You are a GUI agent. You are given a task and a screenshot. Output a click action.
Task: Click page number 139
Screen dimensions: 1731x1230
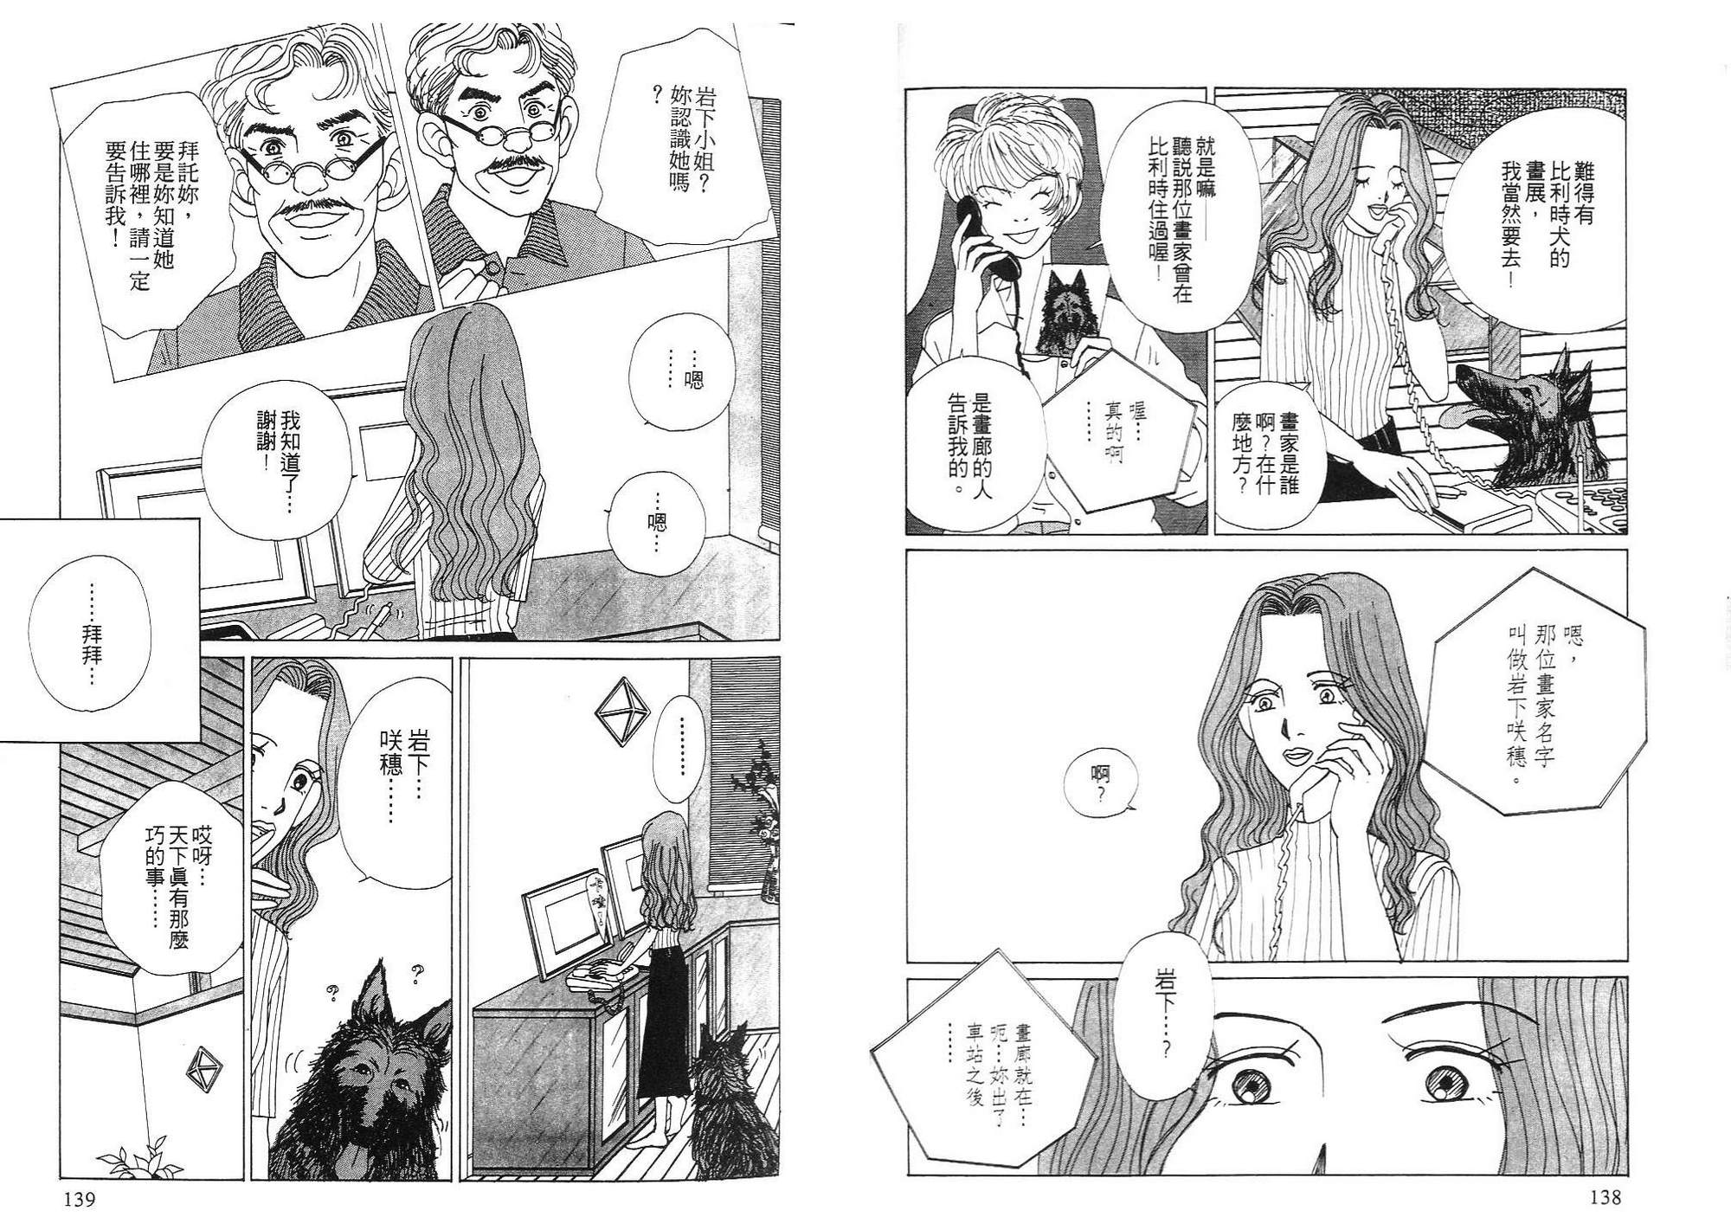click(77, 1200)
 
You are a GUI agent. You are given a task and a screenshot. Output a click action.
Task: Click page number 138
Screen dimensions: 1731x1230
click(1604, 1198)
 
